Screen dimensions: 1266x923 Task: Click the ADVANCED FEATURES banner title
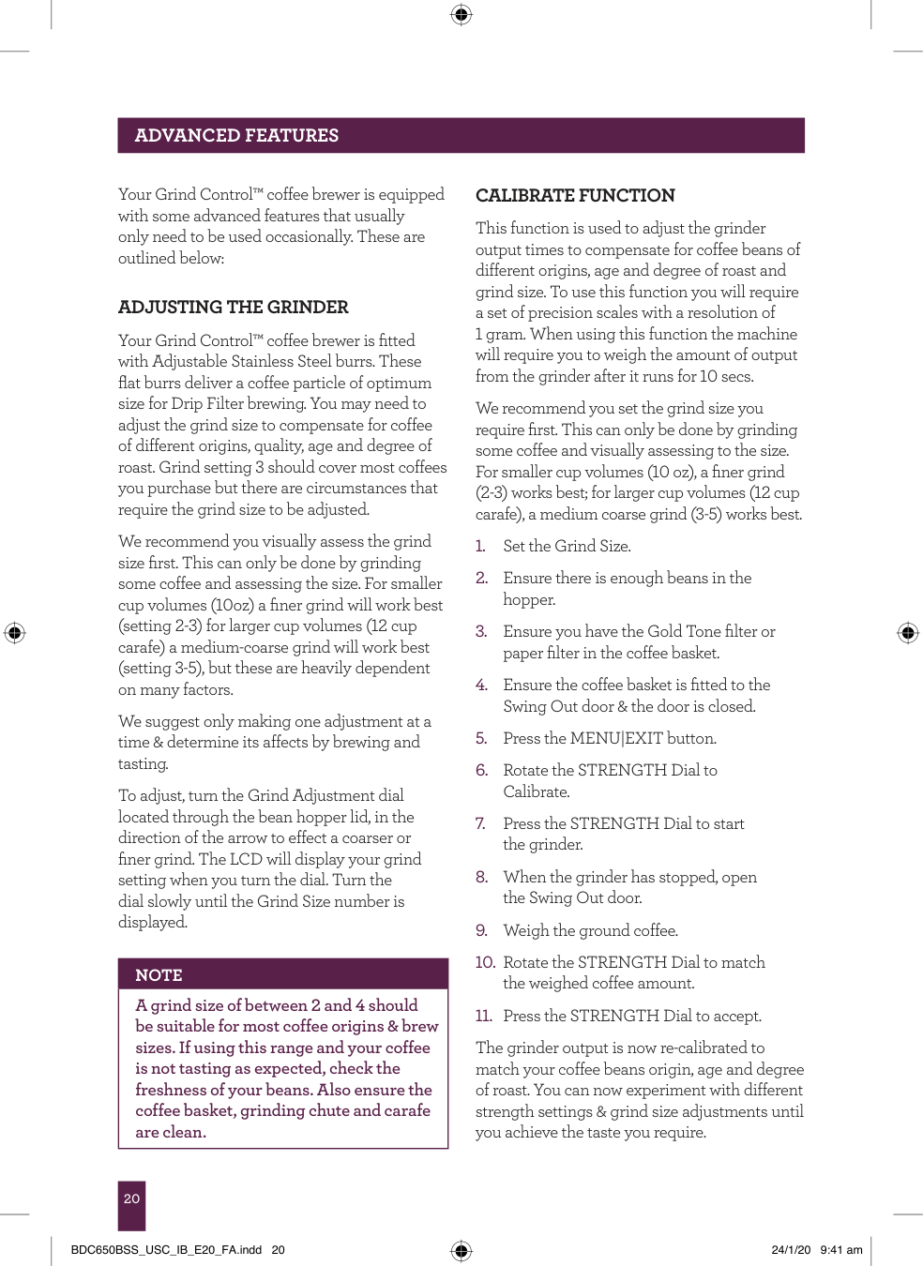236,135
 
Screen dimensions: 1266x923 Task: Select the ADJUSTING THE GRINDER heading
233,308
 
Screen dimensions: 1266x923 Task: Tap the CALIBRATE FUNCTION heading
575,196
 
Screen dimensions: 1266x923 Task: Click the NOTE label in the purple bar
159,975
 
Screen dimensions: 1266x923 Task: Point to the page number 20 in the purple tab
131,1198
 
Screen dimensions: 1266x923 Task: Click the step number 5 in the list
481,739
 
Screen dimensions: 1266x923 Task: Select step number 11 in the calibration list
483,1017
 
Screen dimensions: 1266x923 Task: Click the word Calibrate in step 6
536,792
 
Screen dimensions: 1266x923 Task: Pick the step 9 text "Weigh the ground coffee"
590,931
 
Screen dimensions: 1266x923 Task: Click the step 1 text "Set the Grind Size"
567,547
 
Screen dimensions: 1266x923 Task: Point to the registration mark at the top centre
461,14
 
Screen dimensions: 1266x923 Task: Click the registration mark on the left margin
14,632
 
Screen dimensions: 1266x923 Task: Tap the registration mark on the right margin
908,632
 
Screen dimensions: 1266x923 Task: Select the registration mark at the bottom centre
461,1250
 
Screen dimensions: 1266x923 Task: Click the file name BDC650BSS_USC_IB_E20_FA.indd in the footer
166,1250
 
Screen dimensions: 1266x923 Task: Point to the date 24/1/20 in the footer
791,1250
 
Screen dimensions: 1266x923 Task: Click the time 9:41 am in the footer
841,1250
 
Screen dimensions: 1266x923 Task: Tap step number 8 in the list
481,878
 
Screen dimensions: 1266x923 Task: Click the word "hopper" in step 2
529,600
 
